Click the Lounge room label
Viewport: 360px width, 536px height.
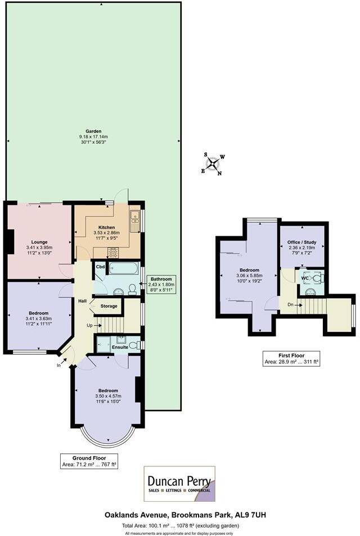38,242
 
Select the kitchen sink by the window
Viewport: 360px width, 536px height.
135,221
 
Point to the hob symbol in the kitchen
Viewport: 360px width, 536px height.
113,252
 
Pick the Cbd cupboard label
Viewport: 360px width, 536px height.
101,267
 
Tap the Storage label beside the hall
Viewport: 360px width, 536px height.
109,306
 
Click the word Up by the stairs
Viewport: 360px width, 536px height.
88,325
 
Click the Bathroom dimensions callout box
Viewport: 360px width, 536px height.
161,284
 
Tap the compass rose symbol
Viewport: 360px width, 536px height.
214,164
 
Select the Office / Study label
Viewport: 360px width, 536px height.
303,242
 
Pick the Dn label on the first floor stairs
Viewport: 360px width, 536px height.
290,305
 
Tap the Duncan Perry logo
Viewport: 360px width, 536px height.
179,483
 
